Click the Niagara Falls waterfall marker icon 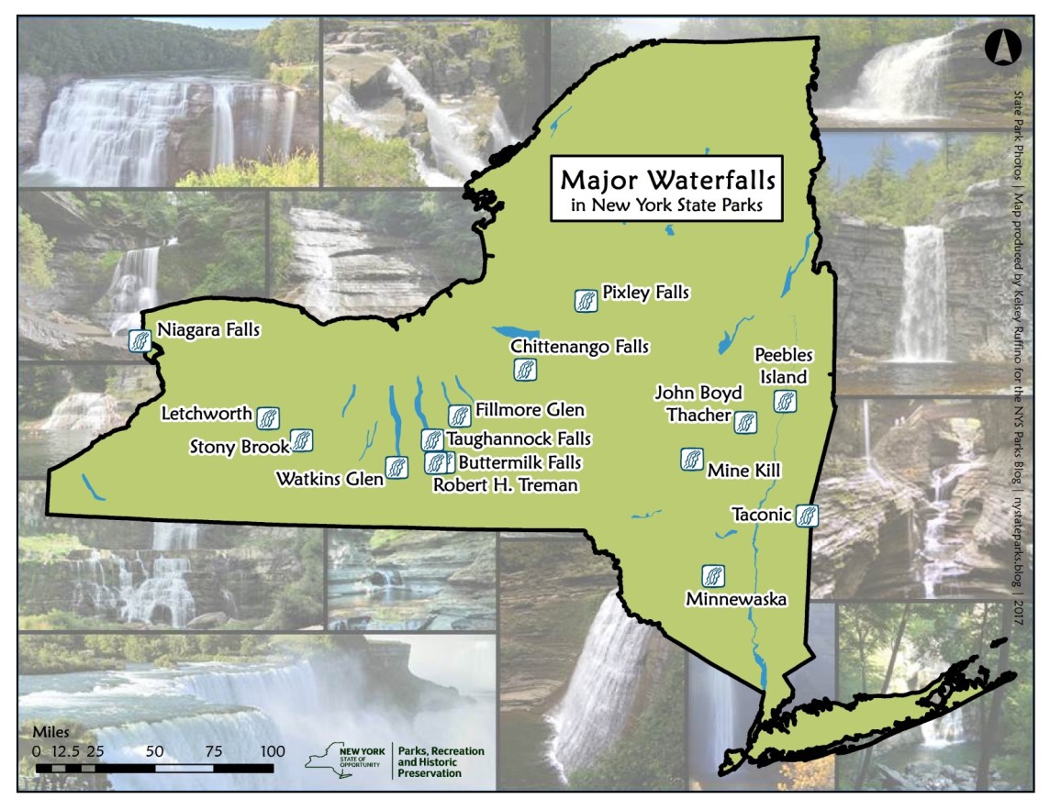pos(140,340)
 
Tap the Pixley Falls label pos(645,293)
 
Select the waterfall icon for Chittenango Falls pos(523,371)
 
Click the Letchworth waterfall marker pos(268,418)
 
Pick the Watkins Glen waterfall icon pos(397,467)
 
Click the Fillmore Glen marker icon pos(459,416)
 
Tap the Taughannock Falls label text pos(519,439)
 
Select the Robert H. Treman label pos(506,485)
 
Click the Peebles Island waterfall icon pos(784,401)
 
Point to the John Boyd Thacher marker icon pos(745,421)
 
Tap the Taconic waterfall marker pos(807,516)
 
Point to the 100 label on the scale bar pos(273,750)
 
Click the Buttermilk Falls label pos(519,462)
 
